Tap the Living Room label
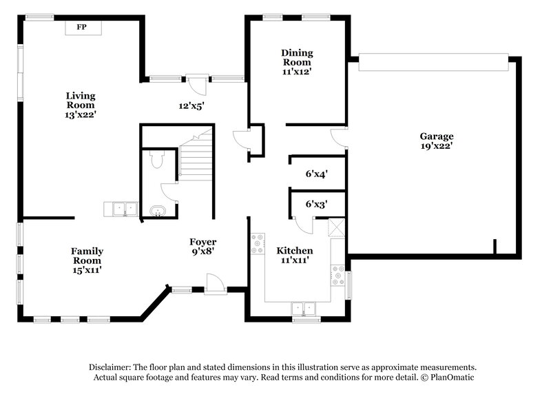coord(81,100)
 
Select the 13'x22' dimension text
coord(81,115)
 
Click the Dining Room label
coord(298,58)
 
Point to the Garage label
coord(437,136)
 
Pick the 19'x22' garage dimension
coord(437,146)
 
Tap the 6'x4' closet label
coord(315,174)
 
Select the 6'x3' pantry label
coord(315,204)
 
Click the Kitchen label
coord(295,251)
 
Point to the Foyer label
coord(203,242)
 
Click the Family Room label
coord(87,256)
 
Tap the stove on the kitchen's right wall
coord(337,276)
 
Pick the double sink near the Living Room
coord(122,208)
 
